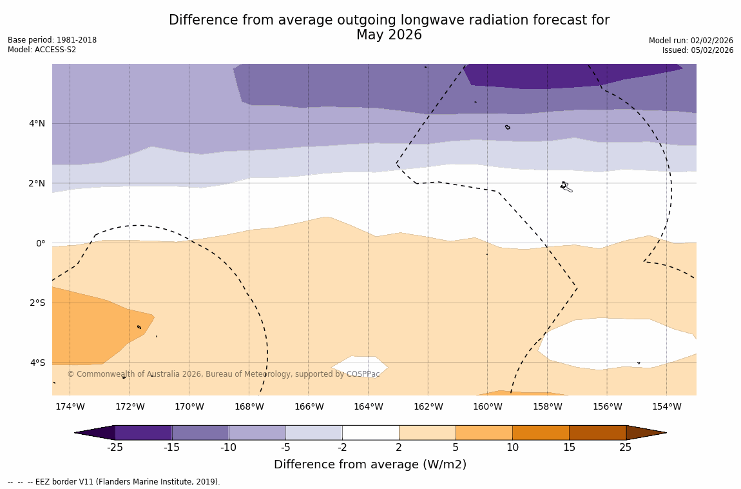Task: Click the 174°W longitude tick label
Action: coord(70,406)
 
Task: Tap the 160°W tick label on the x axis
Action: coord(487,406)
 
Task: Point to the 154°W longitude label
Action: coord(666,406)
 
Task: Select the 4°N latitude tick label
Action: coord(37,123)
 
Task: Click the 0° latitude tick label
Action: coord(41,243)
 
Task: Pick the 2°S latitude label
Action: coord(37,303)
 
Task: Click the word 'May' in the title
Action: coord(370,35)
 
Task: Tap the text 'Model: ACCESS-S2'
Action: coord(42,50)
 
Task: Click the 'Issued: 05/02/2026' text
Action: coord(698,50)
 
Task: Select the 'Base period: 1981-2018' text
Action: coord(52,40)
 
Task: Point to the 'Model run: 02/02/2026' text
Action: coord(691,41)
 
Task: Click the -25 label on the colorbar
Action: coord(115,448)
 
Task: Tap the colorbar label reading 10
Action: coord(512,448)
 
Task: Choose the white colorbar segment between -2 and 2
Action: coord(370,433)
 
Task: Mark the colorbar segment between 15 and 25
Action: coord(597,433)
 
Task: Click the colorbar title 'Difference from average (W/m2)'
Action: coord(370,464)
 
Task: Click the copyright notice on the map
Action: coord(224,374)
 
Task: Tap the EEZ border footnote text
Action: coord(114,482)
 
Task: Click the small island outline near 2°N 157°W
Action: coord(566,187)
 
